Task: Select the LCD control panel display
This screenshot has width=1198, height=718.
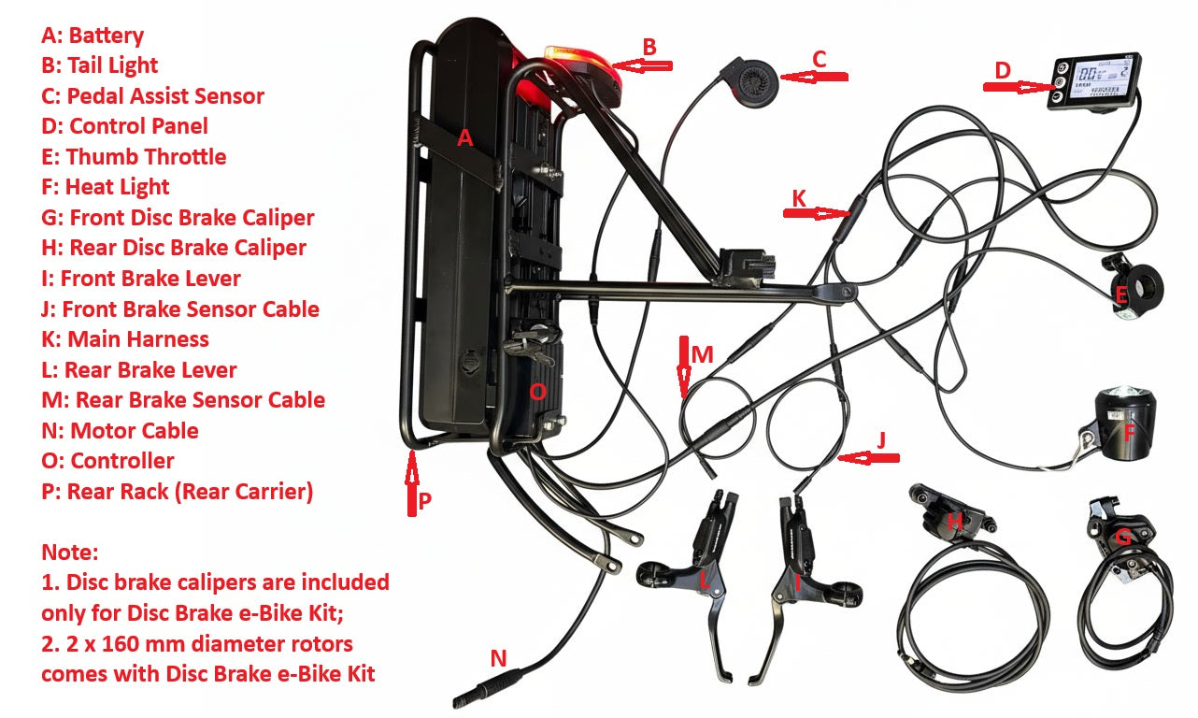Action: pos(1092,83)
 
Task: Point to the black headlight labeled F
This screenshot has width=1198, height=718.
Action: pos(1125,425)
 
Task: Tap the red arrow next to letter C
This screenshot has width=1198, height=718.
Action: pos(813,77)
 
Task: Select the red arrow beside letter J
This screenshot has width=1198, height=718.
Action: pos(869,457)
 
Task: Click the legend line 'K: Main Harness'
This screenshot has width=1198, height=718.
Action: pos(125,339)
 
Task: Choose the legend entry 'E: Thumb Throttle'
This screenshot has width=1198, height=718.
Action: pos(134,156)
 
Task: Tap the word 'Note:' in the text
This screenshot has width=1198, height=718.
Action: pos(69,552)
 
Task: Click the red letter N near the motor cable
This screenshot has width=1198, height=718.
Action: pos(498,659)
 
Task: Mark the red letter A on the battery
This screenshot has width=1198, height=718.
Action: pos(465,139)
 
